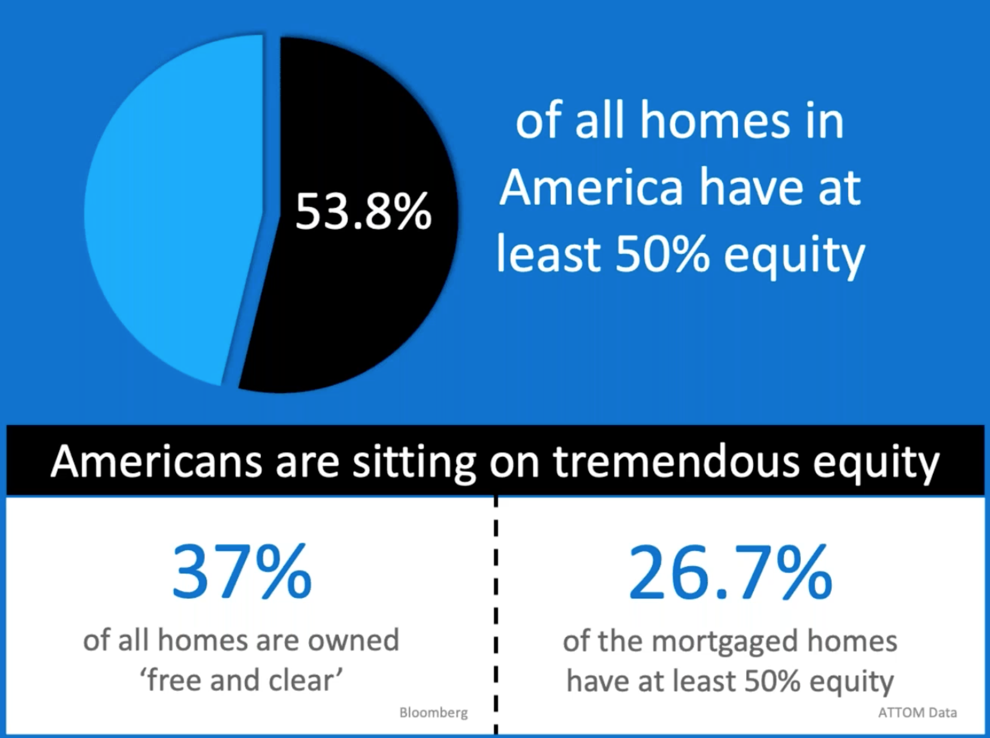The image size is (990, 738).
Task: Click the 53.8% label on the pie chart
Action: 363,212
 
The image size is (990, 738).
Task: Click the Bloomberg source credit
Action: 434,713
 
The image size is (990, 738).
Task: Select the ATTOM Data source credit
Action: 918,713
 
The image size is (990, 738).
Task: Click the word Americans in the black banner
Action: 156,461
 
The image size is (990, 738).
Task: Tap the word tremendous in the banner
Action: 677,461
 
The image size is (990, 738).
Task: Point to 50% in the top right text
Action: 662,254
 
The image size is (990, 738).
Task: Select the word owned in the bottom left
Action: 353,640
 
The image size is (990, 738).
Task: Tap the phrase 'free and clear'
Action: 241,679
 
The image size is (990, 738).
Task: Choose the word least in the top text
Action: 548,254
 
